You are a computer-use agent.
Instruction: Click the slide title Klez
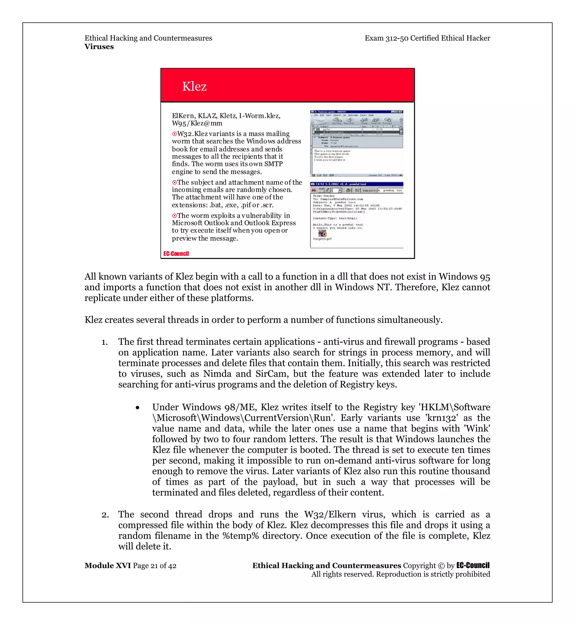(x=194, y=86)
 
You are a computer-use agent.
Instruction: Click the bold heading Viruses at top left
(x=99, y=47)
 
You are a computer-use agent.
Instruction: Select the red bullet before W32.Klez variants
(x=174, y=134)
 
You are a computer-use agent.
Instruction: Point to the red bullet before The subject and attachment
(x=174, y=183)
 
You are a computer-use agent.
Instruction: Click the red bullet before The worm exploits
(x=174, y=216)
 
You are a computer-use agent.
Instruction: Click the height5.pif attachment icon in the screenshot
(x=323, y=233)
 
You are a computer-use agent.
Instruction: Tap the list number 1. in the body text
(x=104, y=342)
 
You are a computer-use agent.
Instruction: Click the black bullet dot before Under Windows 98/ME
(x=138, y=408)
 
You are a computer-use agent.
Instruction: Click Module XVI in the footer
(x=108, y=565)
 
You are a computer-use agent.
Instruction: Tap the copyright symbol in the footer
(x=441, y=566)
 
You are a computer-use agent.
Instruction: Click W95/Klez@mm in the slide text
(x=197, y=123)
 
